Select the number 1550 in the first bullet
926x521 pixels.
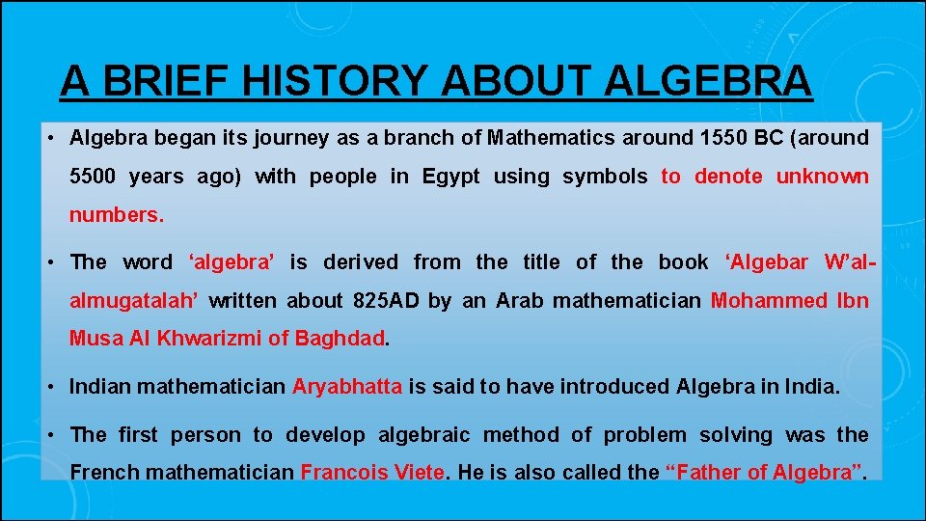click(x=722, y=138)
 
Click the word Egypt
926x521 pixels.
click(x=450, y=177)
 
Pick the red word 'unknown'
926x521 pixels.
click(x=822, y=177)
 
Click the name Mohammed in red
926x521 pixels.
click(x=768, y=301)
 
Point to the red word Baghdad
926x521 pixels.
click(x=340, y=340)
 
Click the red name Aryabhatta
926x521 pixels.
click(x=347, y=387)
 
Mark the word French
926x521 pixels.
click(x=102, y=473)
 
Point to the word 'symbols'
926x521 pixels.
click(x=605, y=177)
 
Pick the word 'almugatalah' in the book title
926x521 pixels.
click(x=134, y=301)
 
